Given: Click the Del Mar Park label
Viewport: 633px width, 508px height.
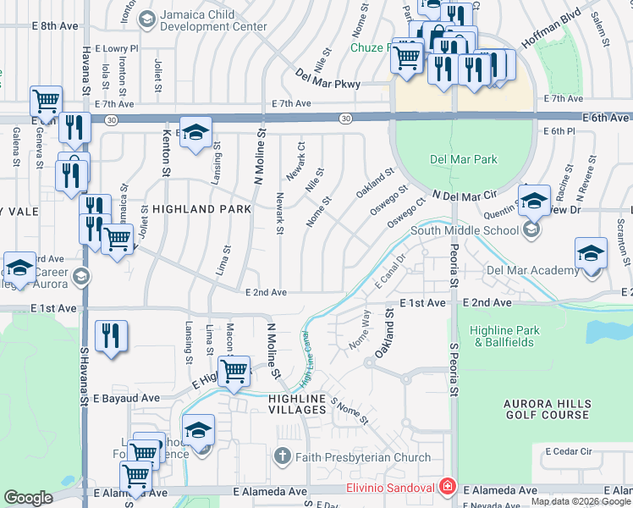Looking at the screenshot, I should point(464,159).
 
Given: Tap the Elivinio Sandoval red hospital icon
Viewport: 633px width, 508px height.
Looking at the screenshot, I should point(446,488).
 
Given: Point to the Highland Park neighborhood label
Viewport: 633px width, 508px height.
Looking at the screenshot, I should point(202,208).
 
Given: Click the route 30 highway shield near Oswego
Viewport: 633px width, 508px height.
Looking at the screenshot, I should point(346,119).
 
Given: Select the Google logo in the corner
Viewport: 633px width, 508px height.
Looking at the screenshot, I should point(28,498).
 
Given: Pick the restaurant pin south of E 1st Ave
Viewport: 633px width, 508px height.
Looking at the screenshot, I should point(111,335).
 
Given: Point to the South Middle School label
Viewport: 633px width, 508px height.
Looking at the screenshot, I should point(465,230).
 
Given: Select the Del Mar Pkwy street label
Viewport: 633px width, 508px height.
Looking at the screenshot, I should point(328,84).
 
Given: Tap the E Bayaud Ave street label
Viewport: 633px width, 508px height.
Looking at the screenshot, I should point(126,397).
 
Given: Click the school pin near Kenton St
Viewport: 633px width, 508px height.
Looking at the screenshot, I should point(195,132).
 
